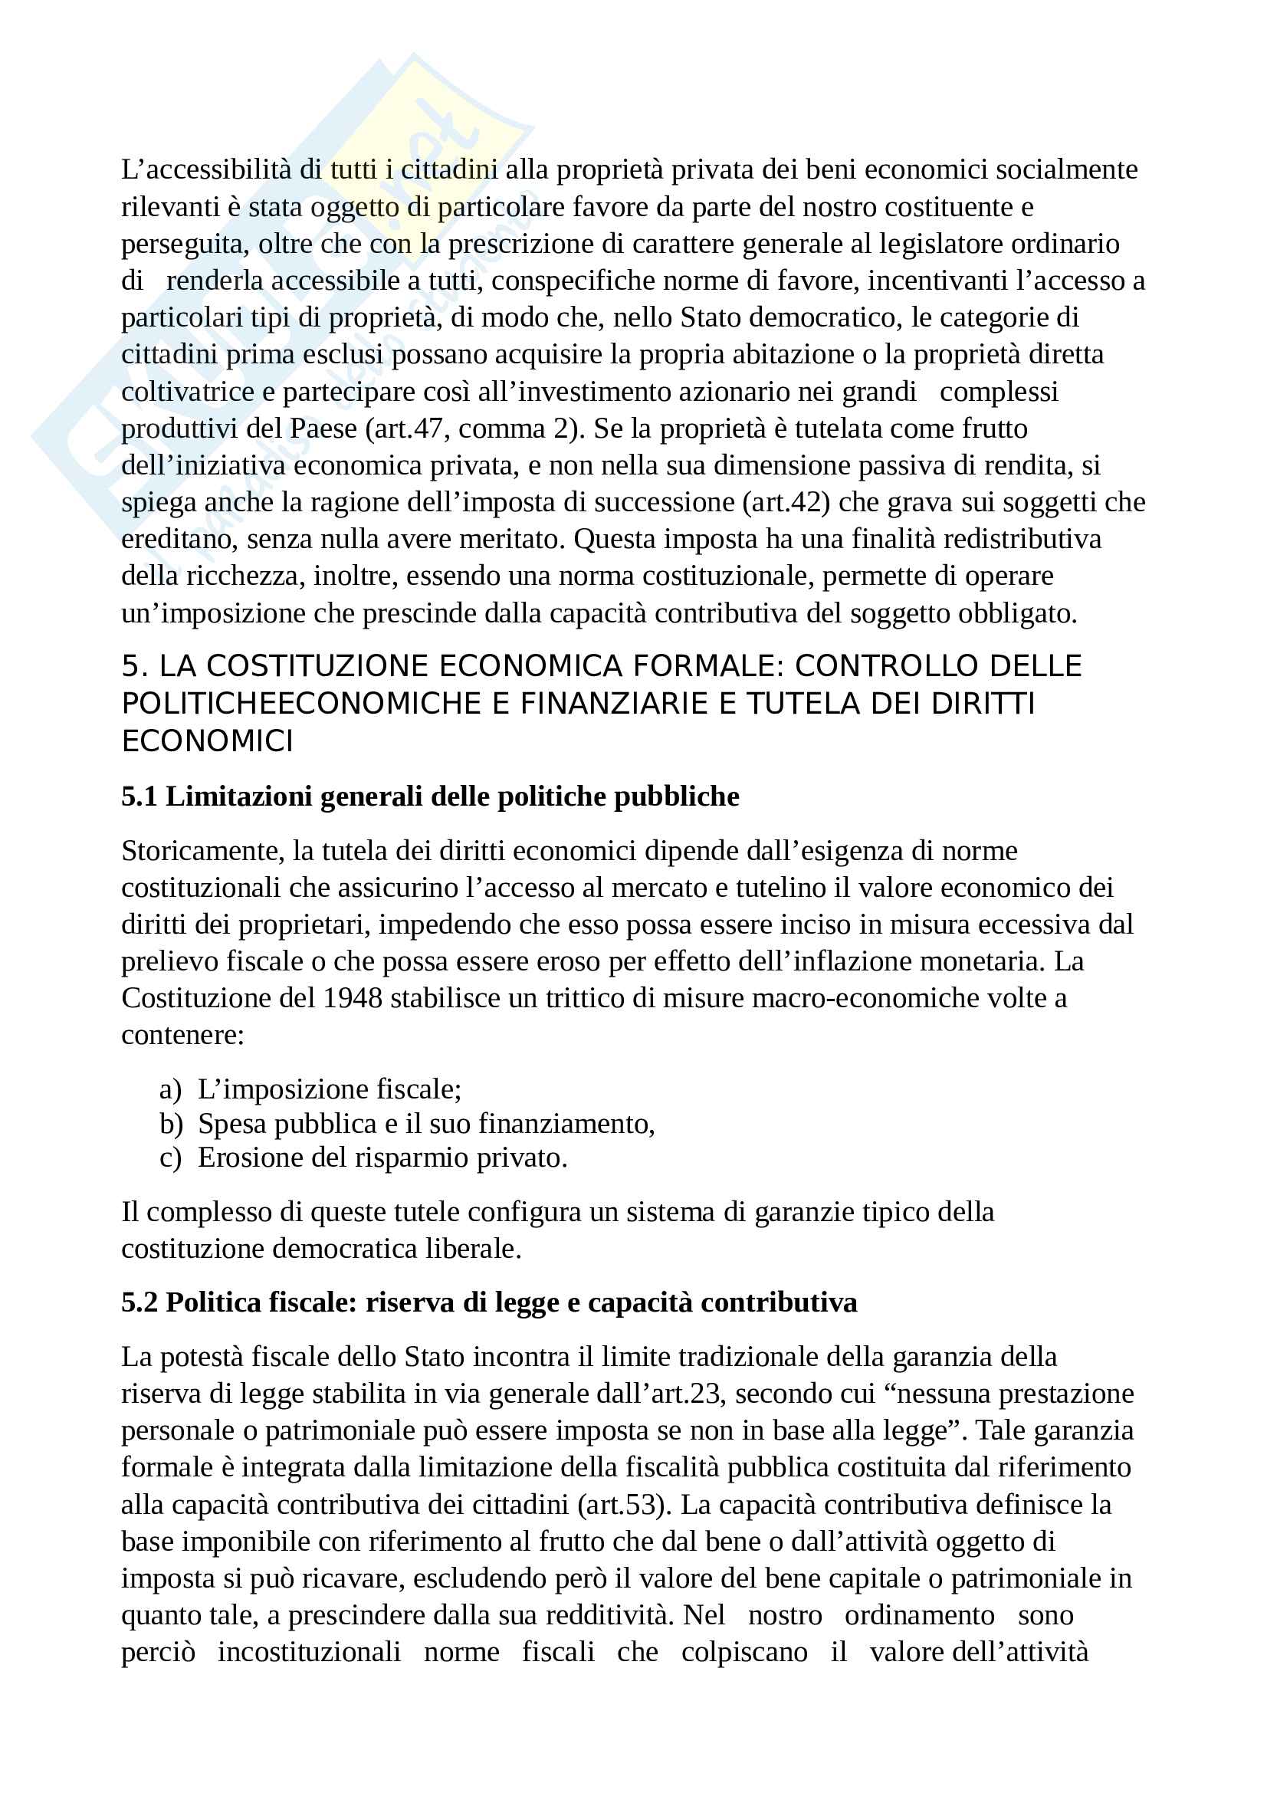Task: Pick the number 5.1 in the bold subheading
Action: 139,796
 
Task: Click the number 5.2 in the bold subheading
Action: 139,1302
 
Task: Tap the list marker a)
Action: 170,1089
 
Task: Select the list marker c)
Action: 170,1158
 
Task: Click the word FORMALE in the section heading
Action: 703,666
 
